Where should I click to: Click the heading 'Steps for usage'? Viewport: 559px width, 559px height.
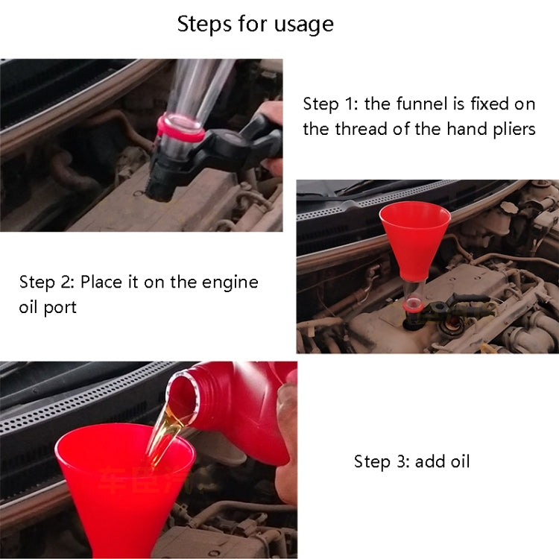click(x=255, y=24)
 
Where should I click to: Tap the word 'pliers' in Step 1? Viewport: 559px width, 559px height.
click(x=511, y=129)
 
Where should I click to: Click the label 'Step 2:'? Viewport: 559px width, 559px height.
click(x=46, y=282)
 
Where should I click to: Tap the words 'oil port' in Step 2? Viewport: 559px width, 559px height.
click(x=48, y=307)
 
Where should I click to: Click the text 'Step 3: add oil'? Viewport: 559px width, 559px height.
click(x=411, y=461)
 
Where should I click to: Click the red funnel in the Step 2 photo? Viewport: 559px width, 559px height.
click(x=414, y=230)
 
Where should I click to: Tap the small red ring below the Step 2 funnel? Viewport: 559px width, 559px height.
click(x=411, y=304)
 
